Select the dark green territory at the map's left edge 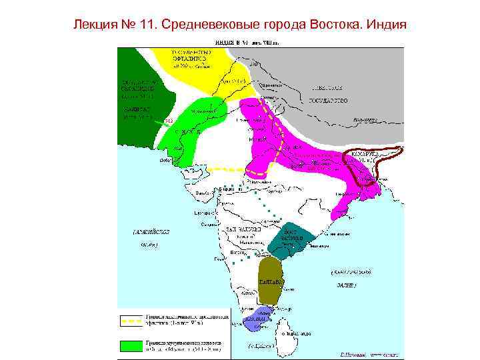pyautogui.click(x=137, y=87)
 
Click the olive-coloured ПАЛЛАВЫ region pyautogui.click(x=271, y=280)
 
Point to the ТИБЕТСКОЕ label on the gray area pyautogui.click(x=327, y=87)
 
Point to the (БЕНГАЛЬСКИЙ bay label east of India pyautogui.click(x=351, y=273)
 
